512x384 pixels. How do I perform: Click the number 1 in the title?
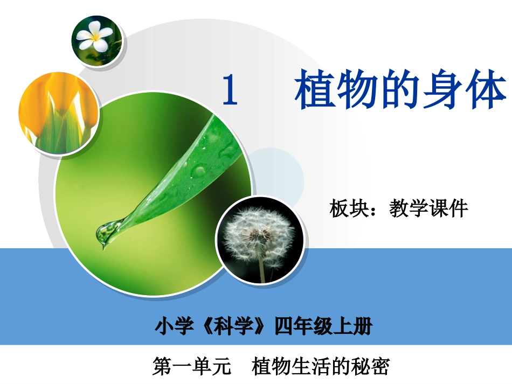(x=230, y=90)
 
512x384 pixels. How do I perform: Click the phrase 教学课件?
(x=428, y=208)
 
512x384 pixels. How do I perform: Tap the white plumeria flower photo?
(x=96, y=39)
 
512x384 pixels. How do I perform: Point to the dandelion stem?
(x=261, y=269)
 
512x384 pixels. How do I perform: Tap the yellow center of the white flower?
(x=97, y=38)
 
